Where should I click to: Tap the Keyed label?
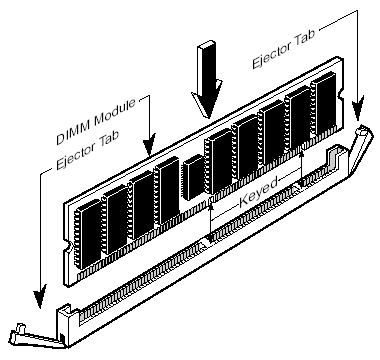258,193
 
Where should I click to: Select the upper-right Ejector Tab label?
284,49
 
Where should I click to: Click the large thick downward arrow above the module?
207,79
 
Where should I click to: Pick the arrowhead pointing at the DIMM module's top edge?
149,144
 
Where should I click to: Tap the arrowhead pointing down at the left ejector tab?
40,296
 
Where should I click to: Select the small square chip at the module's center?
193,177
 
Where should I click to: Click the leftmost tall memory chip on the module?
87,234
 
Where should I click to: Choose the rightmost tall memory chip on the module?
323,104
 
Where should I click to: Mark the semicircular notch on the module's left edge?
67,247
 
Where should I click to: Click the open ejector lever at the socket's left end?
36,336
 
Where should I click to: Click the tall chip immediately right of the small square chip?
218,161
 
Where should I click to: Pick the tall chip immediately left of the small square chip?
167,191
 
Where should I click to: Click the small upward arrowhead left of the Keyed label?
210,208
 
